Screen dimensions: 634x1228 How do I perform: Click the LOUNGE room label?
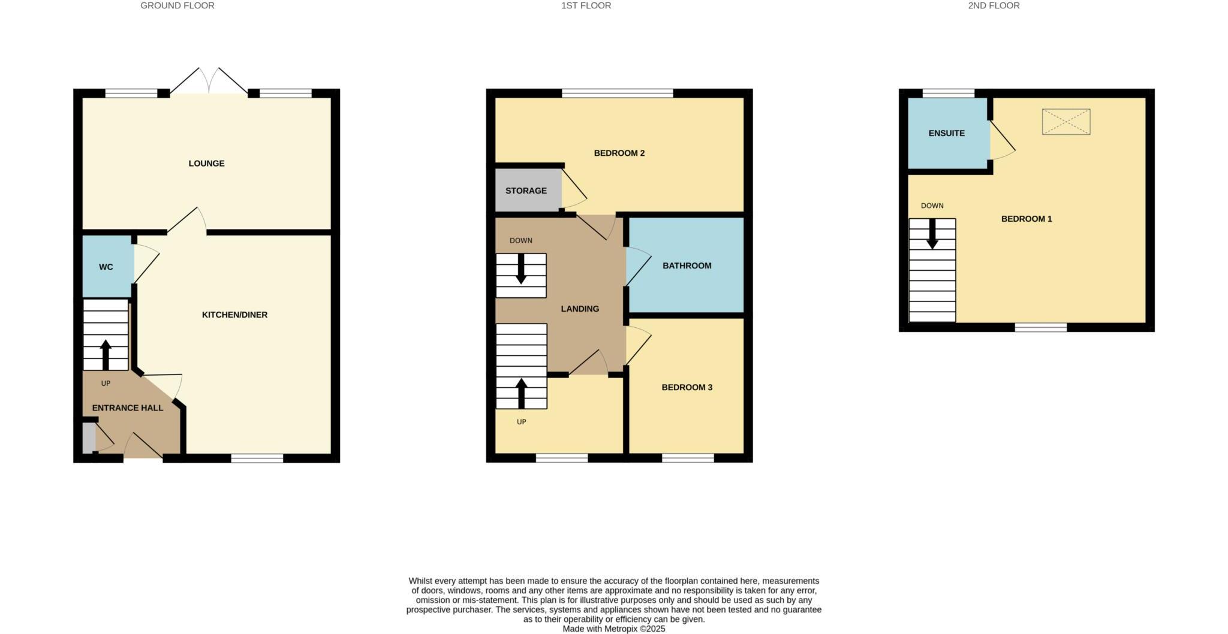(x=206, y=163)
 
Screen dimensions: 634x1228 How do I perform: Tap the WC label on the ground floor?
(x=106, y=267)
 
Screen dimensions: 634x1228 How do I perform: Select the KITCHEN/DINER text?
(x=234, y=315)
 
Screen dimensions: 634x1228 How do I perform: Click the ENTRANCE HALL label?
(x=127, y=407)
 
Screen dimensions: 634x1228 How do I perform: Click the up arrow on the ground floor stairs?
(x=106, y=355)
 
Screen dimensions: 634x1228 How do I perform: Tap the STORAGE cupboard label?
(x=526, y=191)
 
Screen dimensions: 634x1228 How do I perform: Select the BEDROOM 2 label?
(x=619, y=153)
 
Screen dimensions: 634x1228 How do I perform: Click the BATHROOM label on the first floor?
(x=687, y=265)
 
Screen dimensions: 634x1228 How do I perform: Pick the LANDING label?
(x=579, y=309)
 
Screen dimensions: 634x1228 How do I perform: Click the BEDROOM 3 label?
(x=687, y=387)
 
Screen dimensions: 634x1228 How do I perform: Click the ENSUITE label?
(x=946, y=133)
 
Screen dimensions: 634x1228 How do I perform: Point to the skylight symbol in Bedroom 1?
(x=1066, y=122)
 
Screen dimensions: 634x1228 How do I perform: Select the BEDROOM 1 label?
(x=1026, y=219)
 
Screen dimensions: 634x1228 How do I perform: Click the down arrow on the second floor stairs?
(x=932, y=234)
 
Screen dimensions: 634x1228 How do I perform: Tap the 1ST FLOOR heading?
(x=586, y=5)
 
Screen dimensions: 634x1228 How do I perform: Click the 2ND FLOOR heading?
(x=993, y=5)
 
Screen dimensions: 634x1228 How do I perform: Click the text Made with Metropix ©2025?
(x=613, y=629)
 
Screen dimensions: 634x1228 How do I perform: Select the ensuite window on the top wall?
(x=948, y=93)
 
